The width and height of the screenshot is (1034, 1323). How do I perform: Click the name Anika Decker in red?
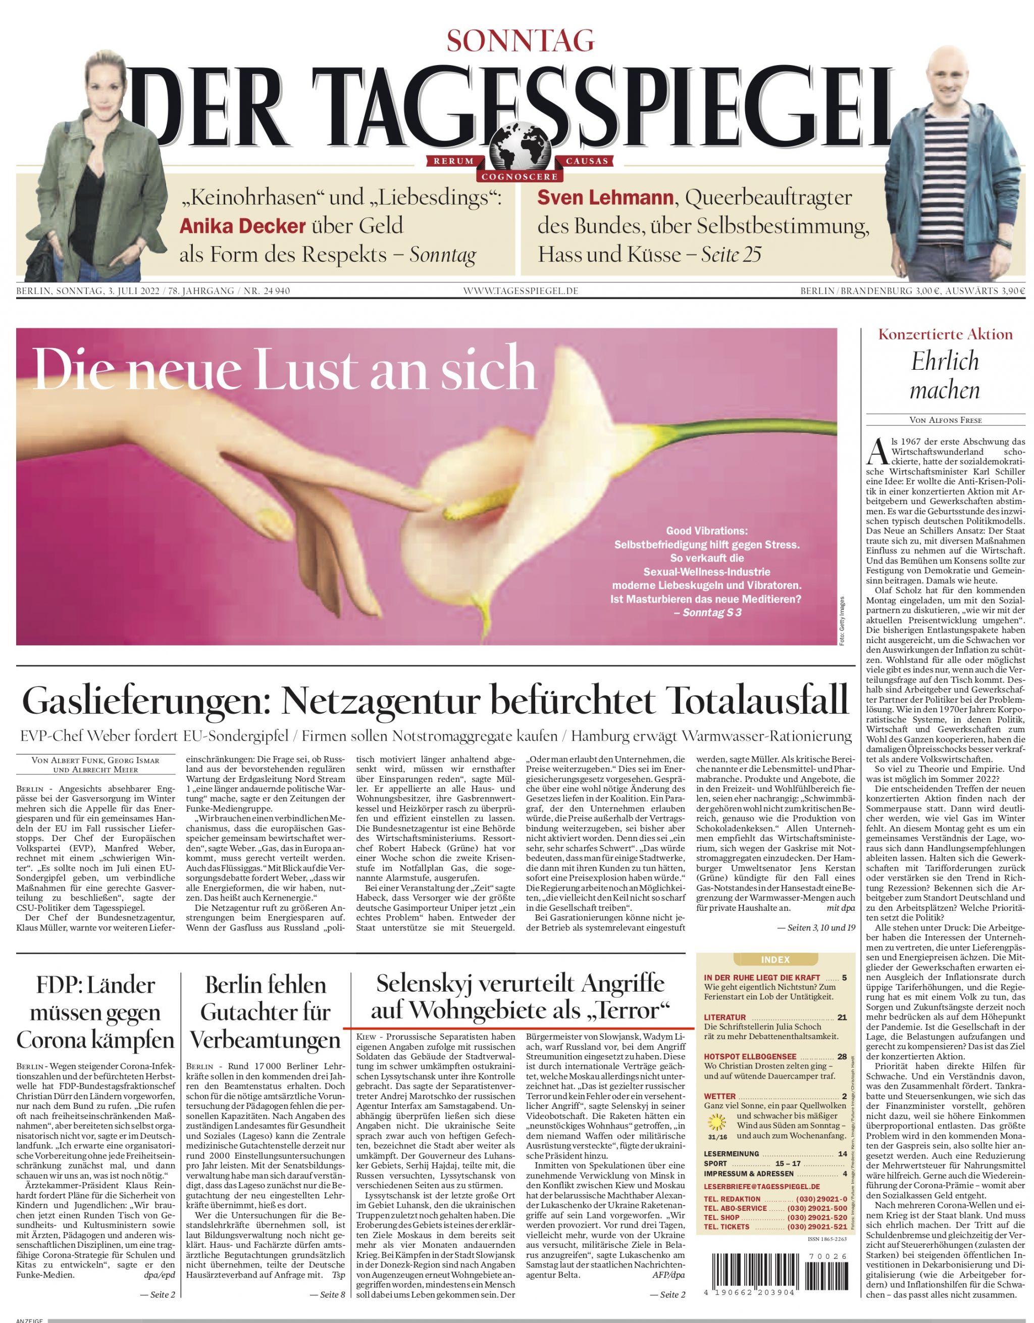(x=242, y=226)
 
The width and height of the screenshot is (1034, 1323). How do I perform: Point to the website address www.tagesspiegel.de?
(x=521, y=291)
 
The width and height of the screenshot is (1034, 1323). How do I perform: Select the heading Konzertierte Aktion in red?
(x=945, y=334)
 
